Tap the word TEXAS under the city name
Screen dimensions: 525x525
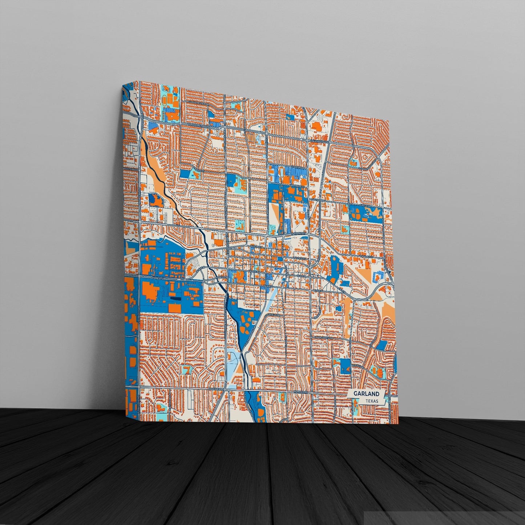tap(372, 401)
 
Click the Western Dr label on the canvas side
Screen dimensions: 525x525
tap(131, 169)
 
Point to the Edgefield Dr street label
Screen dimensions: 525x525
tap(275, 315)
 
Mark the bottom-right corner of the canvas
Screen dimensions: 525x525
tap(399, 424)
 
